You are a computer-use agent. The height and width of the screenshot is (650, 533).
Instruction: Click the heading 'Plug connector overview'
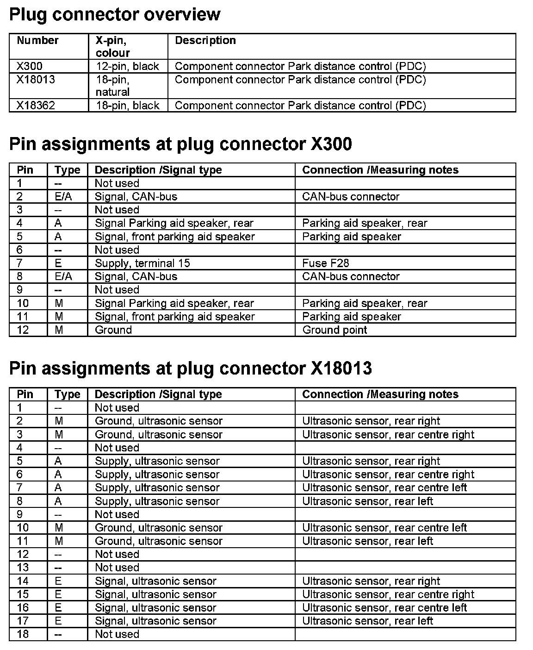click(x=115, y=15)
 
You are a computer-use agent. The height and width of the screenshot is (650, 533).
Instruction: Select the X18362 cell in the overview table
click(x=36, y=106)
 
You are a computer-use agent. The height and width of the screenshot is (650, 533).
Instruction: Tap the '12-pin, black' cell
click(x=127, y=66)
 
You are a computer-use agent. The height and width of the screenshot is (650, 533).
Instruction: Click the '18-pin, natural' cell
click(x=112, y=86)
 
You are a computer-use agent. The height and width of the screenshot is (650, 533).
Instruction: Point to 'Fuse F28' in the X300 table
click(x=325, y=263)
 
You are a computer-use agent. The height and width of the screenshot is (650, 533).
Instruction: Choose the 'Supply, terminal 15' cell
click(x=143, y=263)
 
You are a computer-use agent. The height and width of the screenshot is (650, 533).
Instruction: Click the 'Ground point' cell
click(x=335, y=330)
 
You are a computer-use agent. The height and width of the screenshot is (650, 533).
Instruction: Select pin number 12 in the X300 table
click(x=23, y=330)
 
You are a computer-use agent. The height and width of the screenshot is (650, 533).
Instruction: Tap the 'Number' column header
click(x=37, y=41)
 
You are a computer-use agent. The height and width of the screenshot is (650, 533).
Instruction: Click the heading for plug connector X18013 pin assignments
click(x=190, y=369)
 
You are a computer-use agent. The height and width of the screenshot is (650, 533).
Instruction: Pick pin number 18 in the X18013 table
click(x=23, y=634)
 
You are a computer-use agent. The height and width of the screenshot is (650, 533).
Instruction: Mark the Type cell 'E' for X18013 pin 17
click(x=58, y=621)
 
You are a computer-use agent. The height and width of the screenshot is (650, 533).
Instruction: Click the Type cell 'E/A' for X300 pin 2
click(x=63, y=197)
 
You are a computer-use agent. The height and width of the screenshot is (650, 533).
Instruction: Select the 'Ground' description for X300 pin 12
click(x=113, y=330)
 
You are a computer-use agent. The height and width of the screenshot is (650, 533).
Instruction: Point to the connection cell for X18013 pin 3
click(x=388, y=435)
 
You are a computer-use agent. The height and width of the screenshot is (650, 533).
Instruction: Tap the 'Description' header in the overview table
click(x=205, y=41)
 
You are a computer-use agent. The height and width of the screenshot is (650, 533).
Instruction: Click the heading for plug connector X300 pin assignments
click(x=180, y=144)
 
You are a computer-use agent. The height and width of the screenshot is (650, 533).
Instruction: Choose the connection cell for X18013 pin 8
click(x=367, y=501)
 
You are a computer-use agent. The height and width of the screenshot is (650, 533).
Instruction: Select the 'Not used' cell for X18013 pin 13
click(x=117, y=568)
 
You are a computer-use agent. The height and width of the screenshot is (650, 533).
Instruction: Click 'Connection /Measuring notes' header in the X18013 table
click(x=380, y=394)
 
